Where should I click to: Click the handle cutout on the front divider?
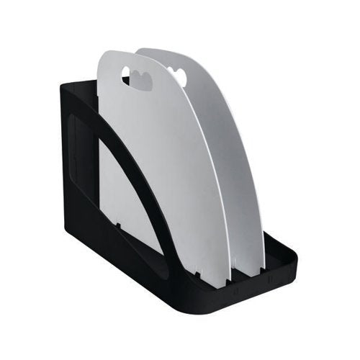click(x=139, y=77)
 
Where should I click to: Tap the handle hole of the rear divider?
click(x=177, y=74)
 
